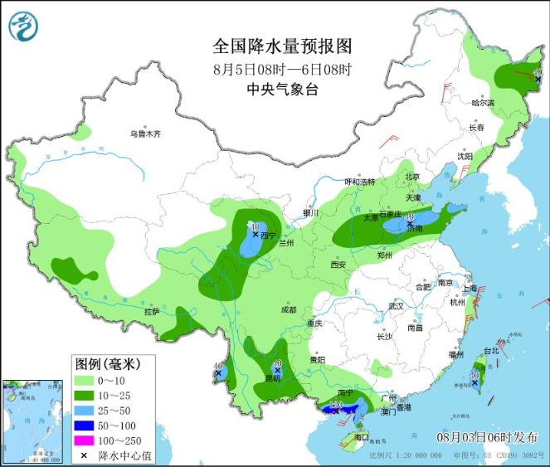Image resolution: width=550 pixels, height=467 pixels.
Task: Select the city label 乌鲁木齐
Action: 144,134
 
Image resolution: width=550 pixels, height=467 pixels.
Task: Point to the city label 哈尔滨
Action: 482,104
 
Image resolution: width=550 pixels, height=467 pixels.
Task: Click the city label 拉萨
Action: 151,312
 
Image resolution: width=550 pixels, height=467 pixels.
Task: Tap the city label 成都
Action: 288,309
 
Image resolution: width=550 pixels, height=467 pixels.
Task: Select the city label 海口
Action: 361,436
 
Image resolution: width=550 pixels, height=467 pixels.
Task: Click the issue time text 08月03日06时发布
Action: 481,436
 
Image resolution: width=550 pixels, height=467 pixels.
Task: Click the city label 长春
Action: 475,128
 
